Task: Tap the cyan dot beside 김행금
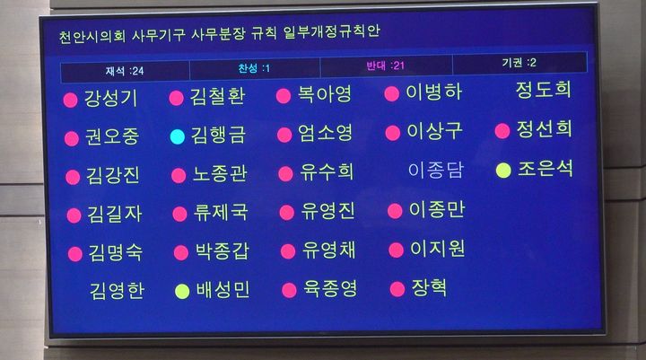click(x=178, y=136)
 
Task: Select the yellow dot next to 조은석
click(x=503, y=170)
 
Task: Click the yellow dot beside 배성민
click(x=182, y=291)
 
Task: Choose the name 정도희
click(x=544, y=90)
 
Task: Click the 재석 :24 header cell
click(x=124, y=70)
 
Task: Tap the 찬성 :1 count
click(x=254, y=68)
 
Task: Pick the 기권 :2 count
click(x=519, y=63)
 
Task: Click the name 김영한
click(x=117, y=291)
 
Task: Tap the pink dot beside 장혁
click(x=397, y=289)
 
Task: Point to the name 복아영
click(x=325, y=95)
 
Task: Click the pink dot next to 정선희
click(x=502, y=131)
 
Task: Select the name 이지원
click(x=437, y=249)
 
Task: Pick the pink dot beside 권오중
click(x=72, y=138)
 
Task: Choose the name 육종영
click(x=330, y=289)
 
